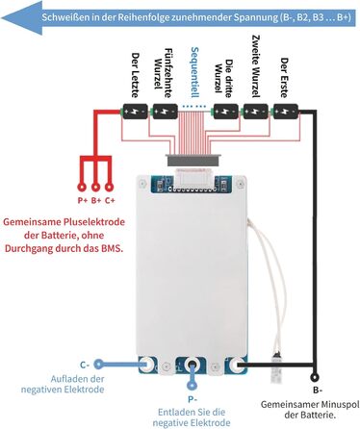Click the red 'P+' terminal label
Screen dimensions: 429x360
pyautogui.click(x=82, y=200)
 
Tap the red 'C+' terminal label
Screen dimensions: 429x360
pyautogui.click(x=110, y=200)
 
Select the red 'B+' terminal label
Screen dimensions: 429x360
pyautogui.click(x=95, y=200)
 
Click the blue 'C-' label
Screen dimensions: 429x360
pyautogui.click(x=85, y=365)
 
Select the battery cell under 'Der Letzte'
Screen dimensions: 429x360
pyautogui.click(x=134, y=113)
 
